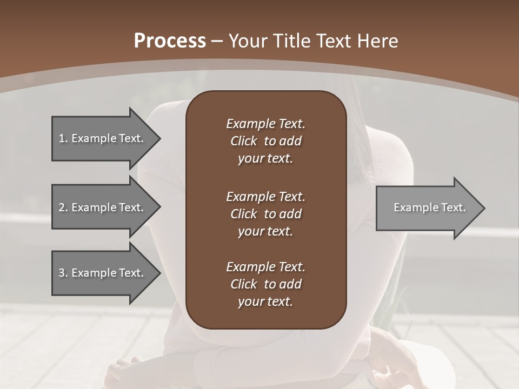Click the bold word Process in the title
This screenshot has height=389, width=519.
click(170, 41)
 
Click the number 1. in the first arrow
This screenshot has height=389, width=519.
click(63, 138)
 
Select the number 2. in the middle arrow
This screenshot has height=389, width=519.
click(63, 207)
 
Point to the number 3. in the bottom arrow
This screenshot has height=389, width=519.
click(63, 273)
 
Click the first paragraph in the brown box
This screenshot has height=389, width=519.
click(265, 141)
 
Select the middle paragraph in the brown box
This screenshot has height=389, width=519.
click(265, 214)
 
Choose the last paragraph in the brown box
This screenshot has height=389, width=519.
click(265, 284)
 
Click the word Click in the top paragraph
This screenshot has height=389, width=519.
click(243, 141)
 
